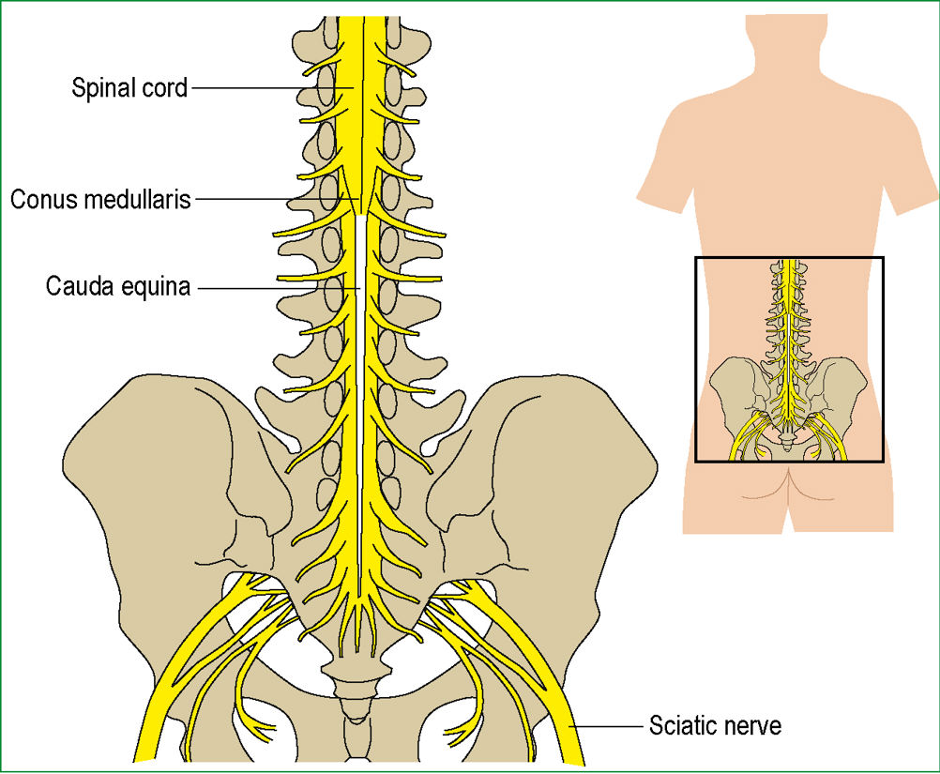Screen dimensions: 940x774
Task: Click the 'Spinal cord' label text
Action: [x=129, y=88]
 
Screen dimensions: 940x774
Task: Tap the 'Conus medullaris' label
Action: [x=100, y=199]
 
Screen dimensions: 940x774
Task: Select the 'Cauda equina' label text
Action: [x=118, y=286]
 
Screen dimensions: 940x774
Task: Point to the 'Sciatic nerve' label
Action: [x=715, y=726]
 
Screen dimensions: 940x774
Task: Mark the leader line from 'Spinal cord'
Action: [x=274, y=88]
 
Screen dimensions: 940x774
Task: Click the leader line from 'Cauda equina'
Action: [x=279, y=288]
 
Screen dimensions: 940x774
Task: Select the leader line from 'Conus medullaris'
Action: [x=278, y=199]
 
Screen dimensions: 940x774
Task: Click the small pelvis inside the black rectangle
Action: [x=788, y=402]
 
